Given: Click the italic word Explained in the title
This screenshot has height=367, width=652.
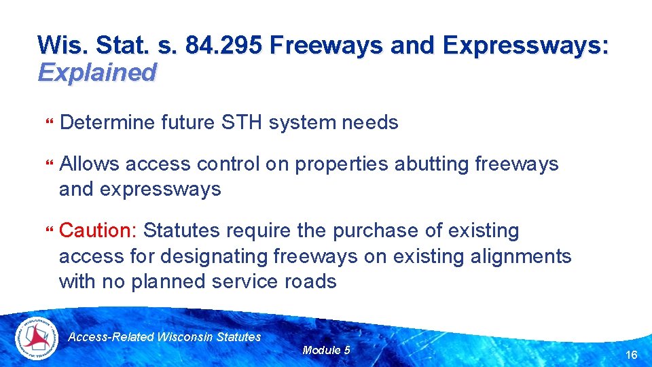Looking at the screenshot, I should tap(97, 72).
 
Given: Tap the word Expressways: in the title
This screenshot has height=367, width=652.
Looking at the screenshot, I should tap(526, 46).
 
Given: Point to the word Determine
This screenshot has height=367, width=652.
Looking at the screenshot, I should tap(107, 122).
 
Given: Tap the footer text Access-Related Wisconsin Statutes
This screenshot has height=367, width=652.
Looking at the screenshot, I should tap(165, 337).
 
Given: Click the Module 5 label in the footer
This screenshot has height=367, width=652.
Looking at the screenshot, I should tap(326, 350).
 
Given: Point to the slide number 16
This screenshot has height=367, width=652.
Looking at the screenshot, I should tap(631, 355).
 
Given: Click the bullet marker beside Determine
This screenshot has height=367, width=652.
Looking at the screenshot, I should tap(48, 123).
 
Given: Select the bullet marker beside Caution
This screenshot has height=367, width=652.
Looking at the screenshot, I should tap(48, 232).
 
